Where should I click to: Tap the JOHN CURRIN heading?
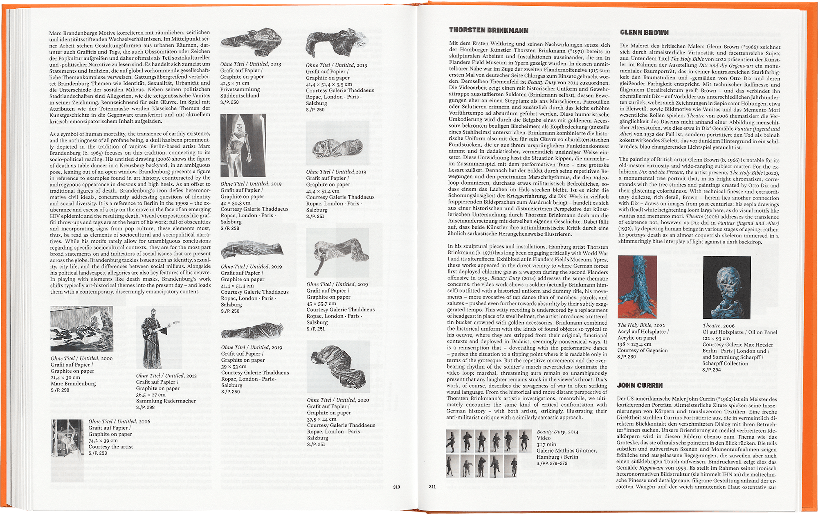point(640,385)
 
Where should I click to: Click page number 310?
point(396,487)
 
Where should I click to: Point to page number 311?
point(432,487)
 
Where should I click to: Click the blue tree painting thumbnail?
point(637,287)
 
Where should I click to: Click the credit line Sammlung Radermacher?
point(166,401)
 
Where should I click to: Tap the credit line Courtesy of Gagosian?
point(642,350)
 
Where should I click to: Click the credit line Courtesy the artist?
point(111,447)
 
